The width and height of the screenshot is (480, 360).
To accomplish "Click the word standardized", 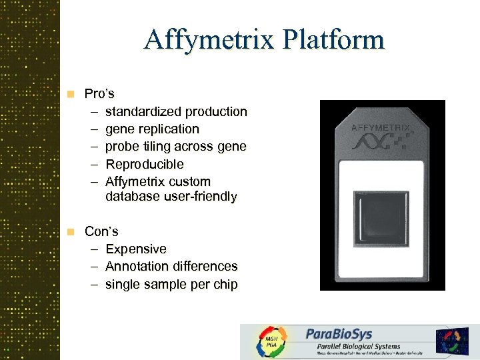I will (x=143, y=111).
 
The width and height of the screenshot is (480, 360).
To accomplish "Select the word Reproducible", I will (x=144, y=164).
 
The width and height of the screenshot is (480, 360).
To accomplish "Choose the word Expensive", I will (x=135, y=249).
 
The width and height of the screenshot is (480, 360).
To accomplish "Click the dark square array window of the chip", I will (x=381, y=219).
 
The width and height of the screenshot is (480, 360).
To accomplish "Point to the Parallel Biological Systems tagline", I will (x=353, y=346).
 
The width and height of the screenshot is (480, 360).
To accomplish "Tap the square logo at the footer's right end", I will (x=452, y=340).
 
